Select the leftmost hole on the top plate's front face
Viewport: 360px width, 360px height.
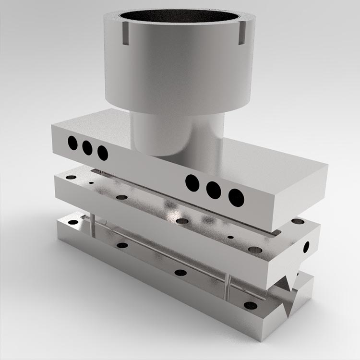(x=72, y=143)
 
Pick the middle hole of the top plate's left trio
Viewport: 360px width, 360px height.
(x=87, y=147)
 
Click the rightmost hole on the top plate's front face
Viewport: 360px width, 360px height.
(x=236, y=197)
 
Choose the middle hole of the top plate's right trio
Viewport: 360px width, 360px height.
(x=214, y=190)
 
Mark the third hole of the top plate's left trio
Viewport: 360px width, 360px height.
(x=102, y=153)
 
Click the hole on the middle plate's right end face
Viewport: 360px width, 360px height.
(x=307, y=247)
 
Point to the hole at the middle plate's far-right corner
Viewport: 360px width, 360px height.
(x=298, y=222)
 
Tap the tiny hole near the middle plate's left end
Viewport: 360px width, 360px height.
(x=91, y=183)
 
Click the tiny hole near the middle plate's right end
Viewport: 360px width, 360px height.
(x=230, y=237)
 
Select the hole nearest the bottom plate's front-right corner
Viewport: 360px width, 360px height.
(x=251, y=305)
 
